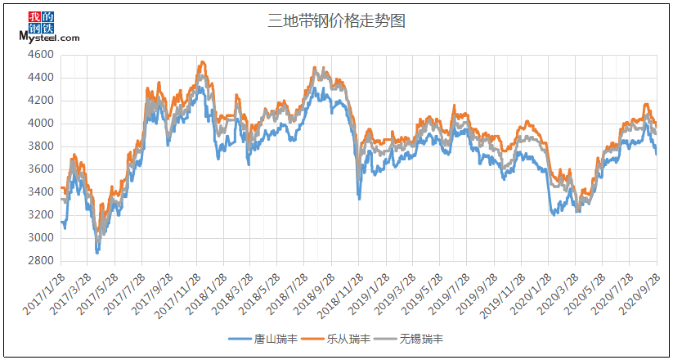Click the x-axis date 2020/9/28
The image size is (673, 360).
(x=643, y=291)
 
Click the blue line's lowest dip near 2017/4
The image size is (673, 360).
(x=97, y=253)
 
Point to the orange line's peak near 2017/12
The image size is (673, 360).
(x=201, y=61)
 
